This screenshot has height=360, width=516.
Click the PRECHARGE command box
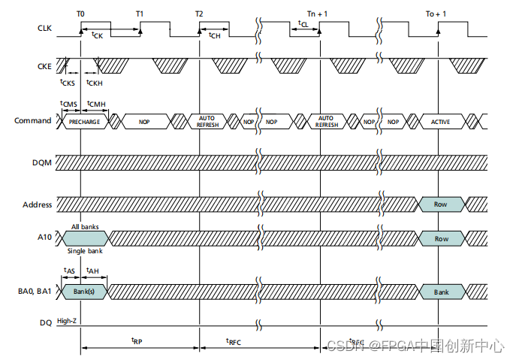click(84, 121)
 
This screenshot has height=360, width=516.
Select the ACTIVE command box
click(440, 121)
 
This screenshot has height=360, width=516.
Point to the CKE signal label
click(44, 66)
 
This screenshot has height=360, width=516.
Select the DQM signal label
click(43, 163)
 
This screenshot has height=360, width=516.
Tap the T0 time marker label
click(80, 14)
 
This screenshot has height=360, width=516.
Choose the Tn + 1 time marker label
click(320, 14)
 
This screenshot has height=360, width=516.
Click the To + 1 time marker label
click(436, 14)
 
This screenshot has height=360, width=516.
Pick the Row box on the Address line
click(440, 204)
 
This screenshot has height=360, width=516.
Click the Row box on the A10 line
click(440, 238)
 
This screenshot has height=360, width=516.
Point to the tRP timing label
click(137, 340)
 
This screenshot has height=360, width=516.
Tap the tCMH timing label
click(95, 104)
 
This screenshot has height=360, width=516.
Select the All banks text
click(85, 226)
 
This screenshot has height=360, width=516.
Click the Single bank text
click(84, 250)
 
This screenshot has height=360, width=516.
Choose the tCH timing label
click(214, 35)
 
